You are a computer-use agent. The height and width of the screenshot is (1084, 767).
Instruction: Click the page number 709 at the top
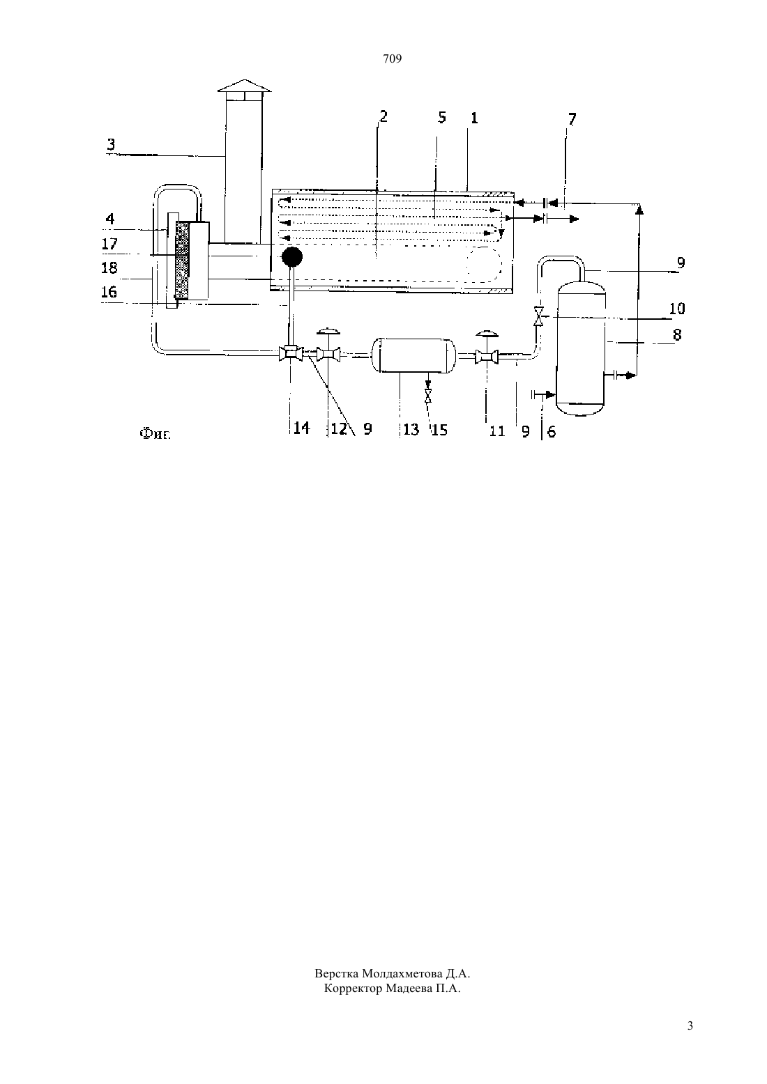point(392,59)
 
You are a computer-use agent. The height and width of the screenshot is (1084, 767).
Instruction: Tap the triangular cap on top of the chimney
point(245,85)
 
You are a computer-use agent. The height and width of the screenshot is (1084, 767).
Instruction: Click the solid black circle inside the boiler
point(292,256)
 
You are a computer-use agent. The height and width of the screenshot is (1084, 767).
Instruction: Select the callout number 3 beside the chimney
point(111,144)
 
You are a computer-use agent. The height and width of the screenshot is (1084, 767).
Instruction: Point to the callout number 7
point(572,119)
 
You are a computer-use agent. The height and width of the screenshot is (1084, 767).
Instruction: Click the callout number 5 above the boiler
point(441,118)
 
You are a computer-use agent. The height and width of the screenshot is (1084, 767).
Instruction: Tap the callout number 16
point(109,292)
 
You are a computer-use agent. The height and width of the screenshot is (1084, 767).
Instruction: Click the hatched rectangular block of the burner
point(182,261)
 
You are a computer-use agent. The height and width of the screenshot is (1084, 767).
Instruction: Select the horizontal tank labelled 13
point(413,356)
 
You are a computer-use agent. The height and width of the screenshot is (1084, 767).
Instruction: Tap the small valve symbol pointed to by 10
point(538,316)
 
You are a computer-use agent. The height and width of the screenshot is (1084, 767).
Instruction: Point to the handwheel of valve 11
point(487,334)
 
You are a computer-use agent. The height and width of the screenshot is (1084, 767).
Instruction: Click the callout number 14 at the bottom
point(301,428)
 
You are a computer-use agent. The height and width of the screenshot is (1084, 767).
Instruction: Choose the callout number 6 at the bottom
point(552,431)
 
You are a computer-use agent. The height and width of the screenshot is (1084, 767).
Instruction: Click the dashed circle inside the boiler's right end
point(483,264)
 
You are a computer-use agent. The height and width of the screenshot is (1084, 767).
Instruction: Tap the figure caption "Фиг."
point(155,434)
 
